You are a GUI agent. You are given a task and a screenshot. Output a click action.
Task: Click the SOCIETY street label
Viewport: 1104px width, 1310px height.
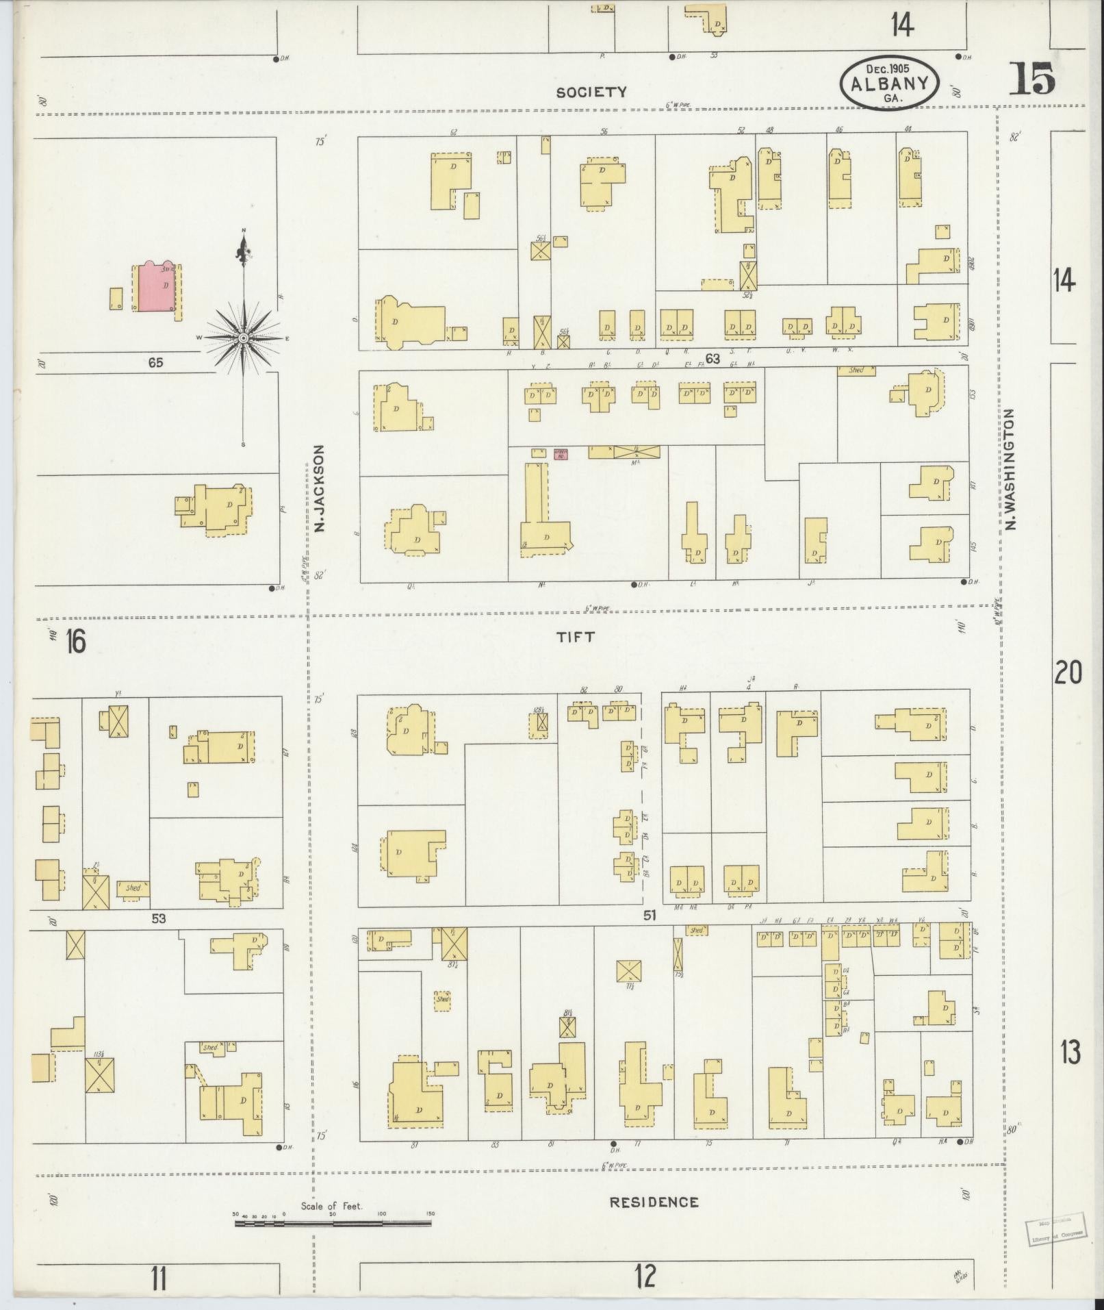click(591, 92)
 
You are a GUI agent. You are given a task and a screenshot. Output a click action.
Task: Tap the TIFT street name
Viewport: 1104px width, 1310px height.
click(575, 637)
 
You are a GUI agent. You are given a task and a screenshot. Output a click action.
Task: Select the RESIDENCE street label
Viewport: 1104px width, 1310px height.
click(654, 1202)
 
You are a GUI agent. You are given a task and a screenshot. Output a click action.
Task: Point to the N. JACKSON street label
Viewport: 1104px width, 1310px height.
click(318, 489)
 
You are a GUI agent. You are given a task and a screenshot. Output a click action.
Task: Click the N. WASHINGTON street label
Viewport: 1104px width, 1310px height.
click(1010, 470)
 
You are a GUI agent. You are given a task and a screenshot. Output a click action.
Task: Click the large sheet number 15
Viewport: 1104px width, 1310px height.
click(1031, 78)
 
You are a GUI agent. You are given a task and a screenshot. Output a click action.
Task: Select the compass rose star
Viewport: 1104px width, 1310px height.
click(244, 338)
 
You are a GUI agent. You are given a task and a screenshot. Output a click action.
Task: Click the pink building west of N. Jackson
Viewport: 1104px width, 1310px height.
click(156, 287)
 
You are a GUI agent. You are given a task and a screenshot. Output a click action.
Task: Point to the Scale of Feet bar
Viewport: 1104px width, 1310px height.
click(334, 1222)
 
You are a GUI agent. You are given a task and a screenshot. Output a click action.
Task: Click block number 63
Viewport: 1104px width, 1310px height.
click(713, 358)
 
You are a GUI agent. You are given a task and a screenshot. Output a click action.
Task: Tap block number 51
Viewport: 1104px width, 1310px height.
click(650, 914)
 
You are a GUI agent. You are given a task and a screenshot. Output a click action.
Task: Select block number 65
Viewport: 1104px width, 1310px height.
click(155, 363)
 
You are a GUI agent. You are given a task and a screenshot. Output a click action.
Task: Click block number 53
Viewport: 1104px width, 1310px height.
click(159, 918)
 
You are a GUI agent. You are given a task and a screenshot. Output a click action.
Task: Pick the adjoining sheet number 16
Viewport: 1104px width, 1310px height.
click(75, 642)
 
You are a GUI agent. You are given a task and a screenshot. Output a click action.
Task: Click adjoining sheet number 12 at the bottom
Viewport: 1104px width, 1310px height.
click(645, 1276)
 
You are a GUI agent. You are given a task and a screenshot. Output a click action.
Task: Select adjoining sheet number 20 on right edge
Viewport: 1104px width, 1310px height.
click(1068, 672)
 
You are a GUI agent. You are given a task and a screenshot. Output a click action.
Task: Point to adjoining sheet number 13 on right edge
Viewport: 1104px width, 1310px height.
click(1070, 1071)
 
